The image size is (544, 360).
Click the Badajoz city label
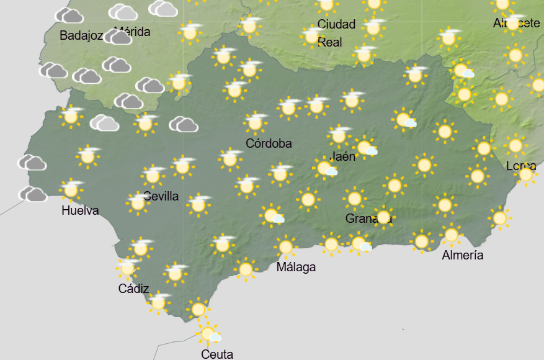(81, 35)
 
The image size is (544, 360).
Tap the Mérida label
(133, 32)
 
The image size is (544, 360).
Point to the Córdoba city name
(269, 143)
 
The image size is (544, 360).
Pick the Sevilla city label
(161, 196)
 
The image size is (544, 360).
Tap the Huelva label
(80, 210)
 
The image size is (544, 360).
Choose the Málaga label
(296, 267)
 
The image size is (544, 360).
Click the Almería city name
(463, 255)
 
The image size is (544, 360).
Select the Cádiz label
(133, 288)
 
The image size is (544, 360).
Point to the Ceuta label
(217, 354)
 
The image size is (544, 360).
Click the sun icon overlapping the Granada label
(383, 217)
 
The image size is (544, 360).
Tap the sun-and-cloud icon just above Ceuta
(208, 334)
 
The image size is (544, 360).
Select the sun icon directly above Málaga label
(285, 247)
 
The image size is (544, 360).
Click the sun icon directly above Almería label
(451, 235)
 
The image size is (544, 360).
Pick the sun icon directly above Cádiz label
(128, 268)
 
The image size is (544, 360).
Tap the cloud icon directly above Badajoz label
(69, 16)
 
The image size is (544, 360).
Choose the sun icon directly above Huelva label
(71, 189)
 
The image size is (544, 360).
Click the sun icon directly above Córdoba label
(255, 122)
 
